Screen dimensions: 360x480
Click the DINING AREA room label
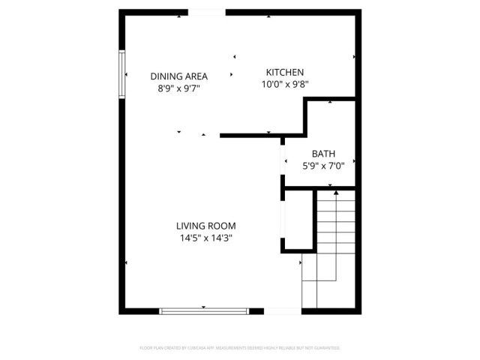click(178, 76)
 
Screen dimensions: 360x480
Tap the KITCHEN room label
click(285, 72)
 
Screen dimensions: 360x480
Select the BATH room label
click(323, 154)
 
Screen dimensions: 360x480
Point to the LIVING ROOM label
click(206, 226)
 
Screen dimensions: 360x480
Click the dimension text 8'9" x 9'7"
click(178, 88)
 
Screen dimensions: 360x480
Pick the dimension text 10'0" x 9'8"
click(285, 84)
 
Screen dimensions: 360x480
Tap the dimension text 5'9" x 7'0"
click(323, 166)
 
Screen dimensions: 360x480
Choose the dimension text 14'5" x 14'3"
click(206, 238)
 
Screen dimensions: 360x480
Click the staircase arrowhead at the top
click(336, 193)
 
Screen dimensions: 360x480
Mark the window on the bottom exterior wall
click(204, 310)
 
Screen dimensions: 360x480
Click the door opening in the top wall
click(202, 12)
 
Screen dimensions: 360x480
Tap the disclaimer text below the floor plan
click(240, 348)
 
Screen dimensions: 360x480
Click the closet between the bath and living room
click(296, 221)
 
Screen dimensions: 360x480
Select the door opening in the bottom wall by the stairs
click(282, 310)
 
